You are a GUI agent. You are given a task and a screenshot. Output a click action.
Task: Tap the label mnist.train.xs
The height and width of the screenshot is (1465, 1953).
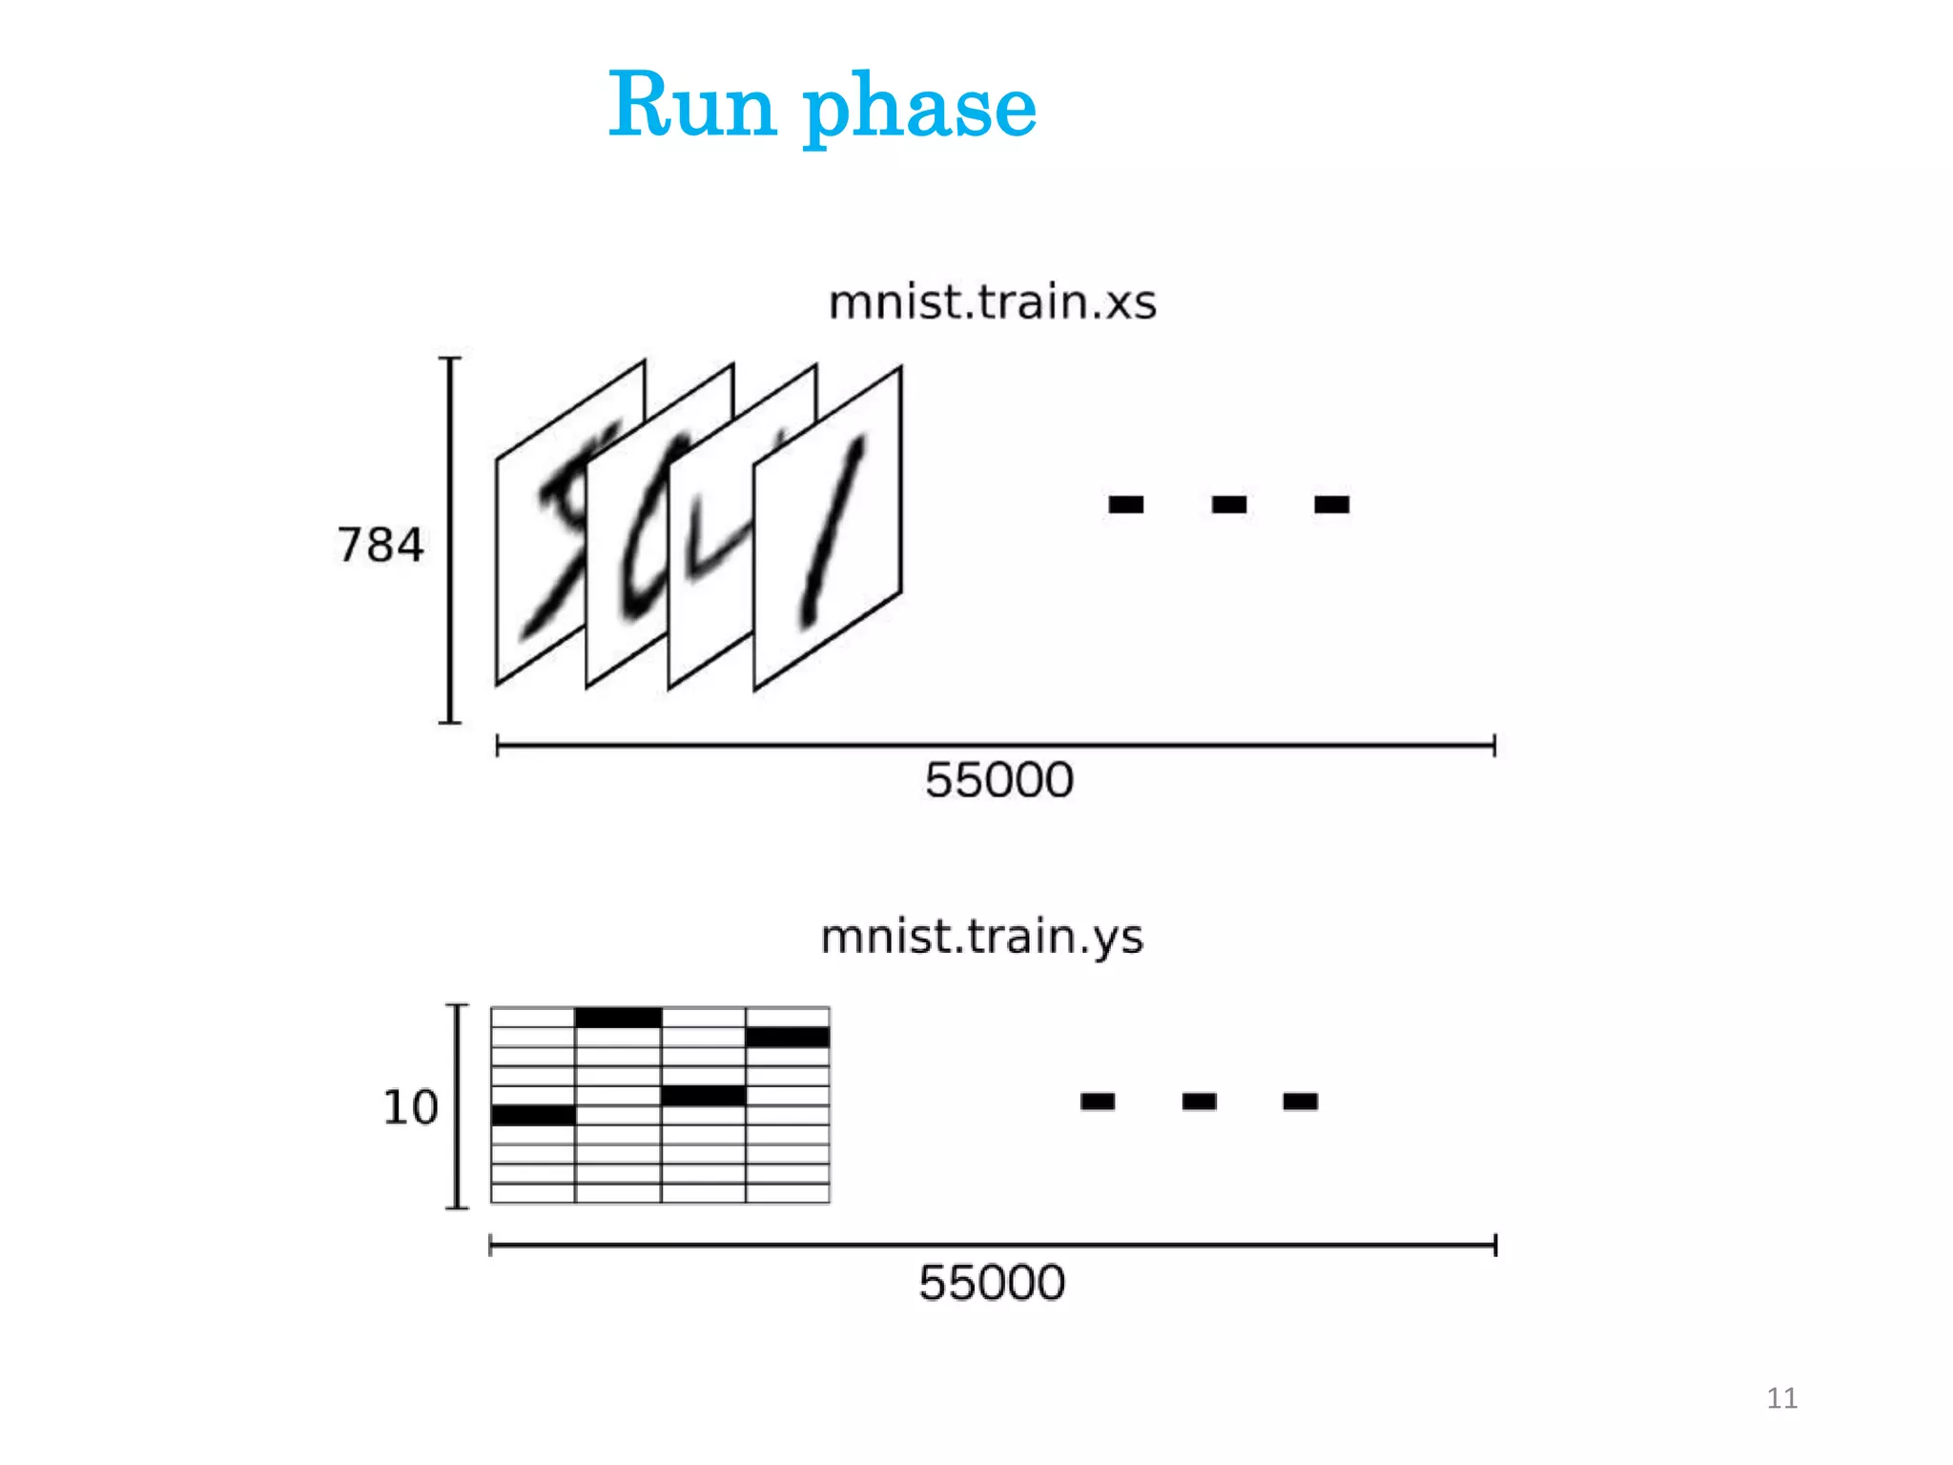(x=992, y=302)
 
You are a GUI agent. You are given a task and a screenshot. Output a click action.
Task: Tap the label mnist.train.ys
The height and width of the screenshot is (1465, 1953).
(x=981, y=937)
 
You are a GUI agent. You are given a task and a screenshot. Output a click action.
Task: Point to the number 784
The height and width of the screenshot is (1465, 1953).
(x=380, y=546)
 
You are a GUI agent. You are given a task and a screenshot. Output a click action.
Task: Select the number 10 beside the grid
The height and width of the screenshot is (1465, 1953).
(x=410, y=1107)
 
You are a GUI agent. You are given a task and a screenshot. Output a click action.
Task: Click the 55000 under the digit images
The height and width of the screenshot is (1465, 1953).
(x=998, y=780)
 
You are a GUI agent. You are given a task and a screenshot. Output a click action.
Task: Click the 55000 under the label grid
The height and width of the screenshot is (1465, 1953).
(x=992, y=1283)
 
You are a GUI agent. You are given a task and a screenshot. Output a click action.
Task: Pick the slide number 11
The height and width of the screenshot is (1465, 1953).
(x=1781, y=1398)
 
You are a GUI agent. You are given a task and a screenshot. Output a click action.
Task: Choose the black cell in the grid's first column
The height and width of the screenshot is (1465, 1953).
(x=533, y=1115)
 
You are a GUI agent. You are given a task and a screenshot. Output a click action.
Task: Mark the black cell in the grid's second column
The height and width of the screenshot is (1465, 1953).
(x=618, y=1018)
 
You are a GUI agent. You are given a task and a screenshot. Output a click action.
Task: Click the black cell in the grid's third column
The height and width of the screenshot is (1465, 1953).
(x=703, y=1096)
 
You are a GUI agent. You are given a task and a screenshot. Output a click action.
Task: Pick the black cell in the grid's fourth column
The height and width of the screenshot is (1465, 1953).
(x=788, y=1037)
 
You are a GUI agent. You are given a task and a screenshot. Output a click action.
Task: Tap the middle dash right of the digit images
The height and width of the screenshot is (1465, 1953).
(x=1229, y=504)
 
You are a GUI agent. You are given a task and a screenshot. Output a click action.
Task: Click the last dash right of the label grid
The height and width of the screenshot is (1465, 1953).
(x=1300, y=1102)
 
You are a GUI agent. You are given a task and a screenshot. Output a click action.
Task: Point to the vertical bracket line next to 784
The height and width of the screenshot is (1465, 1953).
(x=451, y=540)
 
